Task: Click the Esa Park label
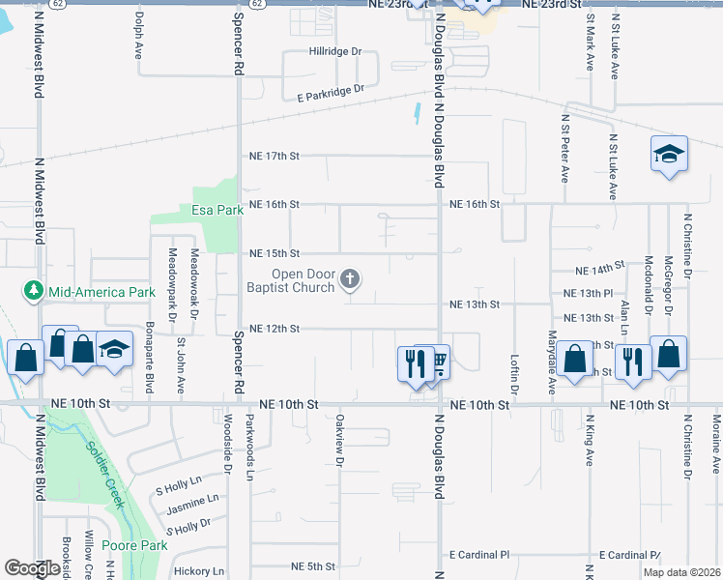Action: [x=217, y=210]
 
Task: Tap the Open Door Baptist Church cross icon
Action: [x=350, y=281]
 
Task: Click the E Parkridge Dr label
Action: [x=332, y=90]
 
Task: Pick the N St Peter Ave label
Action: [x=564, y=148]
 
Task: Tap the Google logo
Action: [x=31, y=568]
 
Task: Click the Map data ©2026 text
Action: [x=681, y=572]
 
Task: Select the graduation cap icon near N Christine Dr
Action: [x=669, y=154]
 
